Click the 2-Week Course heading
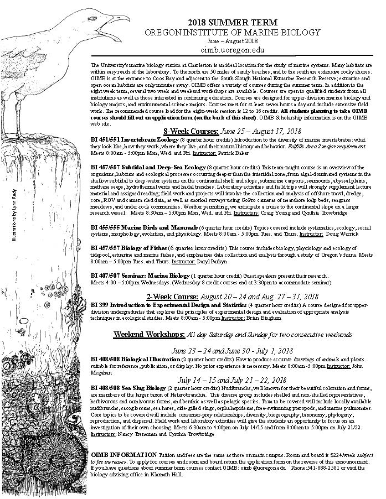[173, 297]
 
